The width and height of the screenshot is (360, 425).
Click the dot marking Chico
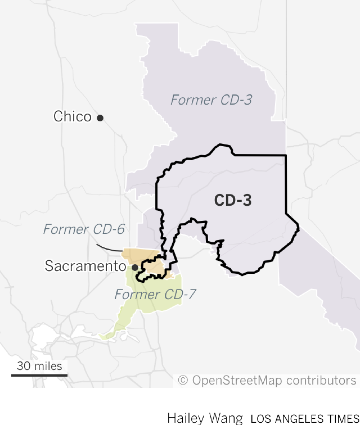pos(100,118)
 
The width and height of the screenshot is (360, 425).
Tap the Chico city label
pos(72,116)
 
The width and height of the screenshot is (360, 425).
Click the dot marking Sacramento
pos(135,267)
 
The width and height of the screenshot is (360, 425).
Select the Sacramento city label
pos(85,266)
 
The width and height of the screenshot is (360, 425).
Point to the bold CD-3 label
pos(233,200)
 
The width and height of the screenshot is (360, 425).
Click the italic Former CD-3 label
pos(211,100)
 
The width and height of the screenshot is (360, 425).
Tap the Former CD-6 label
pos(84,229)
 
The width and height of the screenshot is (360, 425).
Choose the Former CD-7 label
pos(155,294)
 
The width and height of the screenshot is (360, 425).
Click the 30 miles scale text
pos(39,366)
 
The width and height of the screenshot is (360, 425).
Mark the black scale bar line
pos(39,375)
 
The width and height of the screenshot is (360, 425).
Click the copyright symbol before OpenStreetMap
pos(183,380)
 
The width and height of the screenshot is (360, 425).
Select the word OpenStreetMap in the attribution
pos(237,380)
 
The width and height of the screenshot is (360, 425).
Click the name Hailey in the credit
pos(186,418)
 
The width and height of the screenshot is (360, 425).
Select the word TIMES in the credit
pos(343,418)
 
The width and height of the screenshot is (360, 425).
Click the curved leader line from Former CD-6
pos(109,248)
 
